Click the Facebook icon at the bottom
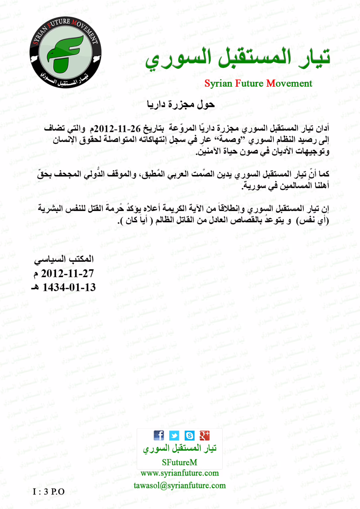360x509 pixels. (x=159, y=435)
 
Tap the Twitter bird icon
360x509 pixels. (x=174, y=435)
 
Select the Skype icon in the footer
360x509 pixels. (x=189, y=435)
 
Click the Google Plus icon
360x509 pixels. (x=205, y=435)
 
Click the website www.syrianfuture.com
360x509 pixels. (x=180, y=473)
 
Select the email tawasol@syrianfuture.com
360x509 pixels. (x=180, y=485)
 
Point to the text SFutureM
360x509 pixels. (x=179, y=462)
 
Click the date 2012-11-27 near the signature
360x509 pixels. (x=67, y=273)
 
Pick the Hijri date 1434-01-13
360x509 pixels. (x=69, y=287)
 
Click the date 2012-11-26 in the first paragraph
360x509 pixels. (x=118, y=128)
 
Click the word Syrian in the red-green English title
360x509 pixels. (x=218, y=83)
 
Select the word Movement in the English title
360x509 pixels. (x=289, y=83)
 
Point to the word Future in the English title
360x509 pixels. (x=249, y=83)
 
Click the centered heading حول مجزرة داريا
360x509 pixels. (x=181, y=105)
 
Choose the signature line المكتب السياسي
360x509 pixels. (x=64, y=259)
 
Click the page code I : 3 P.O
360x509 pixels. (x=49, y=491)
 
